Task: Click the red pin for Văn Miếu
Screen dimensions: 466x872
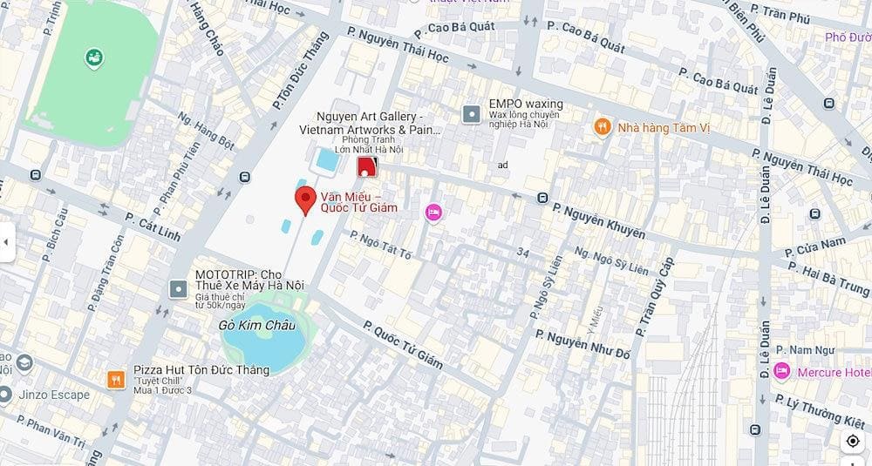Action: point(305,199)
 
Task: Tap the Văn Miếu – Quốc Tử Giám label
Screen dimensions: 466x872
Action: point(359,201)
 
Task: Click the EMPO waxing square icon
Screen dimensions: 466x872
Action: point(472,114)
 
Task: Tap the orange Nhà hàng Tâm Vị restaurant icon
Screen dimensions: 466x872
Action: point(602,127)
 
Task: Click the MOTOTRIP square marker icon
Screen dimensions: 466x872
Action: point(179,288)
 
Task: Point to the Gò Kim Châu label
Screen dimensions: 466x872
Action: point(258,325)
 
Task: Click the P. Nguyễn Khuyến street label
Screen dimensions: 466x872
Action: point(599,221)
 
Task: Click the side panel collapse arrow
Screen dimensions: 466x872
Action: point(7,242)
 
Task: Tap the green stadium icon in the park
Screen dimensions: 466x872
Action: point(93,58)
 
